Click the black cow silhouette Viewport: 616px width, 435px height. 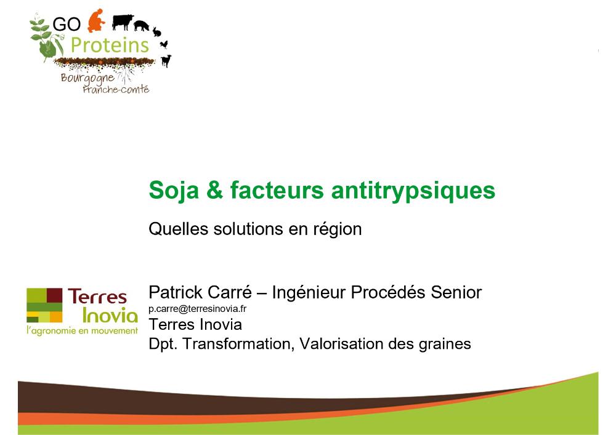122,22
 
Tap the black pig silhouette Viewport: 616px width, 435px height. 142,26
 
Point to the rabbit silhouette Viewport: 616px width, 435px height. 156,32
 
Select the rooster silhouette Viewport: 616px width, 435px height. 164,44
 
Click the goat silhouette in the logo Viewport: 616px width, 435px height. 166,61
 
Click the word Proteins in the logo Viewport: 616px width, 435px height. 110,45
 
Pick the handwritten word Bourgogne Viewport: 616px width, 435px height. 87,79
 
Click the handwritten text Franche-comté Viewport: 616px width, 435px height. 116,89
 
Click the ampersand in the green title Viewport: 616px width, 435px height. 214,190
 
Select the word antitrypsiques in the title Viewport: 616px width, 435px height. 413,191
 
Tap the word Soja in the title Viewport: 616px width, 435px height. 174,191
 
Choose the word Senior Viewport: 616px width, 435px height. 456,292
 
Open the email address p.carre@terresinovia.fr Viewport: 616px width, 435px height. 198,309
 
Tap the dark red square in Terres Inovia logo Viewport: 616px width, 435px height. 55,295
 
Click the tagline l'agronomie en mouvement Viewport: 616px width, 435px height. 82,330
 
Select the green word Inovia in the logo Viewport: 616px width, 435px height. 110,316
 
